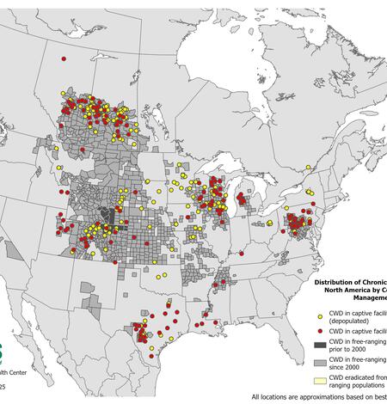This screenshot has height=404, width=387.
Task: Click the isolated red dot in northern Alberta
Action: (x=64, y=58)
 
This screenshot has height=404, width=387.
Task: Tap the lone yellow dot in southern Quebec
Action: (x=307, y=193)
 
